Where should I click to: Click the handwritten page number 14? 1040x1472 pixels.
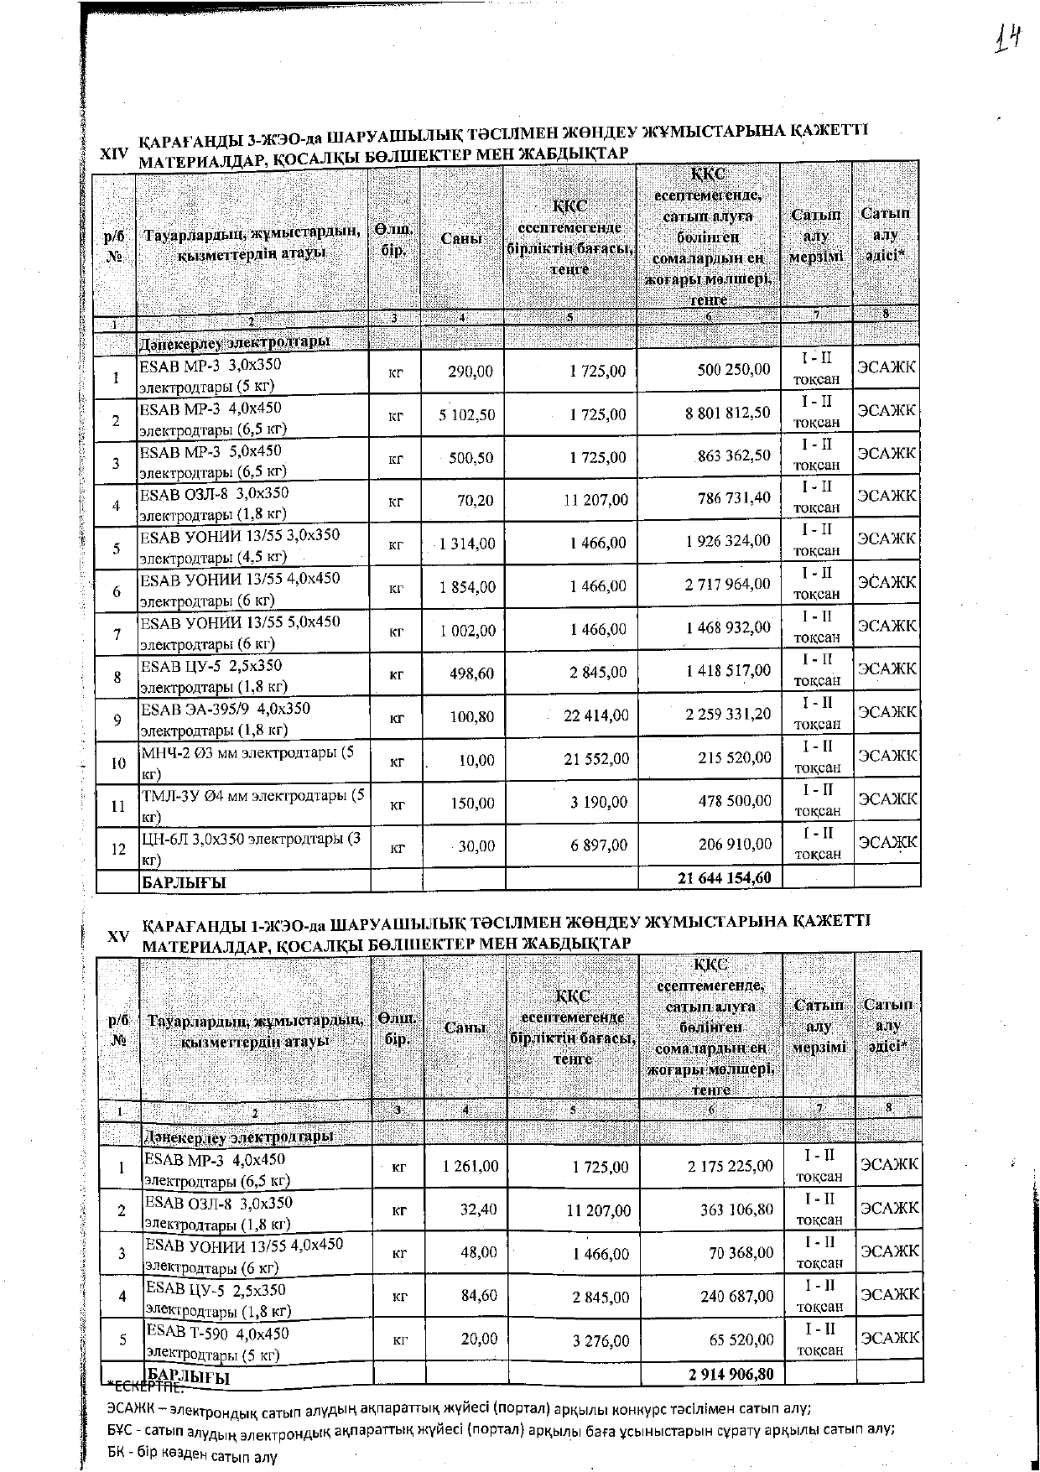pyautogui.click(x=1007, y=39)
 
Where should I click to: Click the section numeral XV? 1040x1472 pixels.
pyautogui.click(x=118, y=937)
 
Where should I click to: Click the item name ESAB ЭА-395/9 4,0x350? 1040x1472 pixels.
pyautogui.click(x=225, y=710)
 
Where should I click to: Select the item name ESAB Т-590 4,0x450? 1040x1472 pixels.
pyautogui.click(x=217, y=1334)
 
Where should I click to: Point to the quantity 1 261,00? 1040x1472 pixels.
pyautogui.click(x=470, y=1166)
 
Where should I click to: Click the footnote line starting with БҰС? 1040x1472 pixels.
pyautogui.click(x=501, y=1429)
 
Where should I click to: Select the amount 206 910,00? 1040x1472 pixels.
pyautogui.click(x=735, y=844)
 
